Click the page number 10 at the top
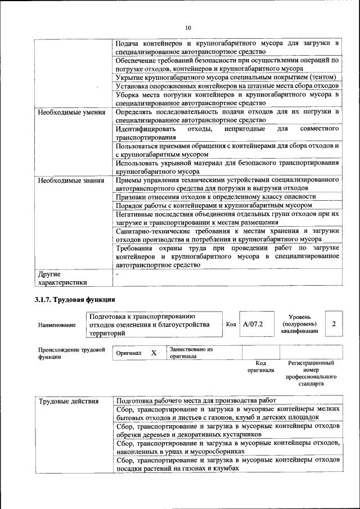(x=188, y=27)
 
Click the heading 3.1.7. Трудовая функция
(x=75, y=299)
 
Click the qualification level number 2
(x=334, y=324)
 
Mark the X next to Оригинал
(x=154, y=353)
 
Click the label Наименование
(x=57, y=325)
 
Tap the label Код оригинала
(x=260, y=367)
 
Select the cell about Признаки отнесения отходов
(x=215, y=197)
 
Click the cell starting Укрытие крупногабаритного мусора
(x=226, y=77)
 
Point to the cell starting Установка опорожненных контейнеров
(x=227, y=86)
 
